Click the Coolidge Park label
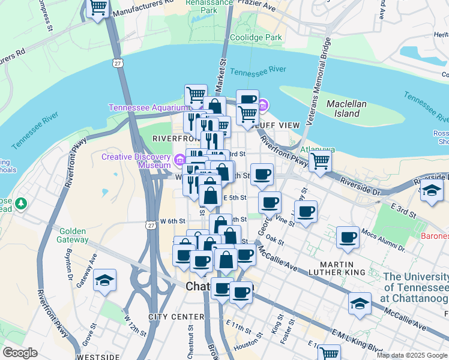[x=265, y=37]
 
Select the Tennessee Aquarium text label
[x=148, y=108]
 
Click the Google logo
[x=20, y=353]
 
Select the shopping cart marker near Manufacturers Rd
[x=98, y=8]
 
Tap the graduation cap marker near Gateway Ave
[x=105, y=280]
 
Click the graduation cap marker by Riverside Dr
[x=432, y=190]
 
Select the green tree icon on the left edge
[x=22, y=204]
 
